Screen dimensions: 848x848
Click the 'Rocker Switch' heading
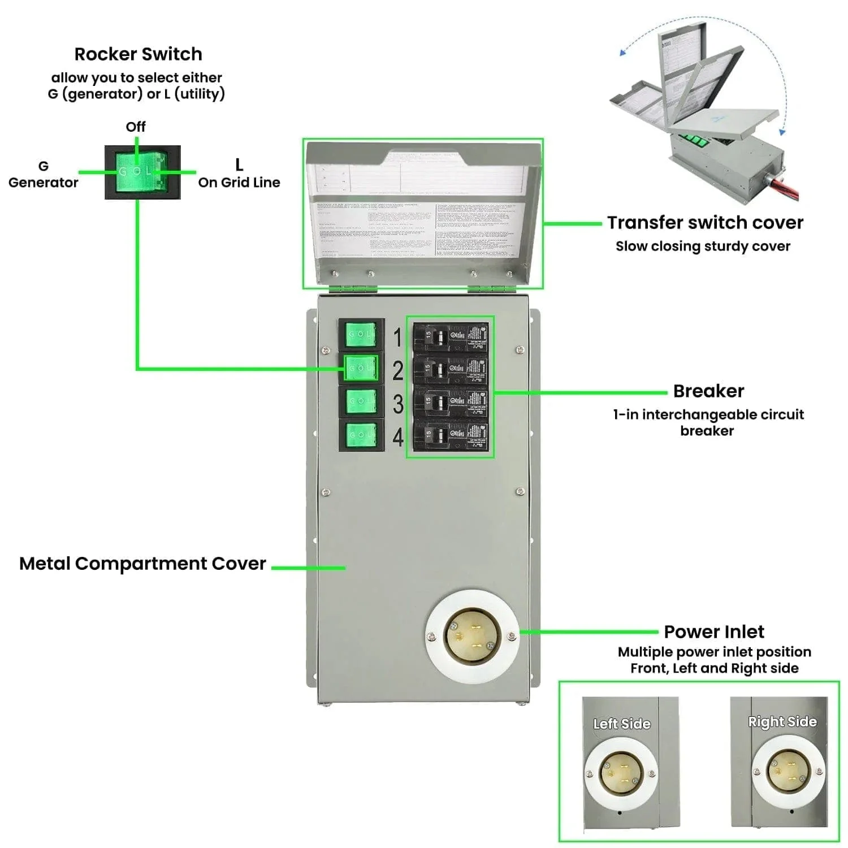138,54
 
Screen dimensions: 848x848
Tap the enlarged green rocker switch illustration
142,172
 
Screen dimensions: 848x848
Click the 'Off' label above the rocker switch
136,127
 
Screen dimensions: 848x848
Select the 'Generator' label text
43,183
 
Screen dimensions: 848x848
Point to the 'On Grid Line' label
239,183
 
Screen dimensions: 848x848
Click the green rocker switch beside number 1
361,334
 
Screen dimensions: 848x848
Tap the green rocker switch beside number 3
361,401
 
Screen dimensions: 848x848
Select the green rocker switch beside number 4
361,434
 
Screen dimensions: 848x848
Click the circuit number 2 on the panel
398,371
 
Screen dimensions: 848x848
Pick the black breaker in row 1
450,337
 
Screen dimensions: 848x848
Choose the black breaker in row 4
450,435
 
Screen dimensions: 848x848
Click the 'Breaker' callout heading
708,391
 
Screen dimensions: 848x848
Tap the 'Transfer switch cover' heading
705,223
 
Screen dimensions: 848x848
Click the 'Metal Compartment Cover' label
142,564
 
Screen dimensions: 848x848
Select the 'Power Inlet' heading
714,631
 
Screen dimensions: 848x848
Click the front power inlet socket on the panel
470,637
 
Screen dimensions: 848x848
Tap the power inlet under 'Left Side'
621,772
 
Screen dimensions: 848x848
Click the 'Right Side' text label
782,722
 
